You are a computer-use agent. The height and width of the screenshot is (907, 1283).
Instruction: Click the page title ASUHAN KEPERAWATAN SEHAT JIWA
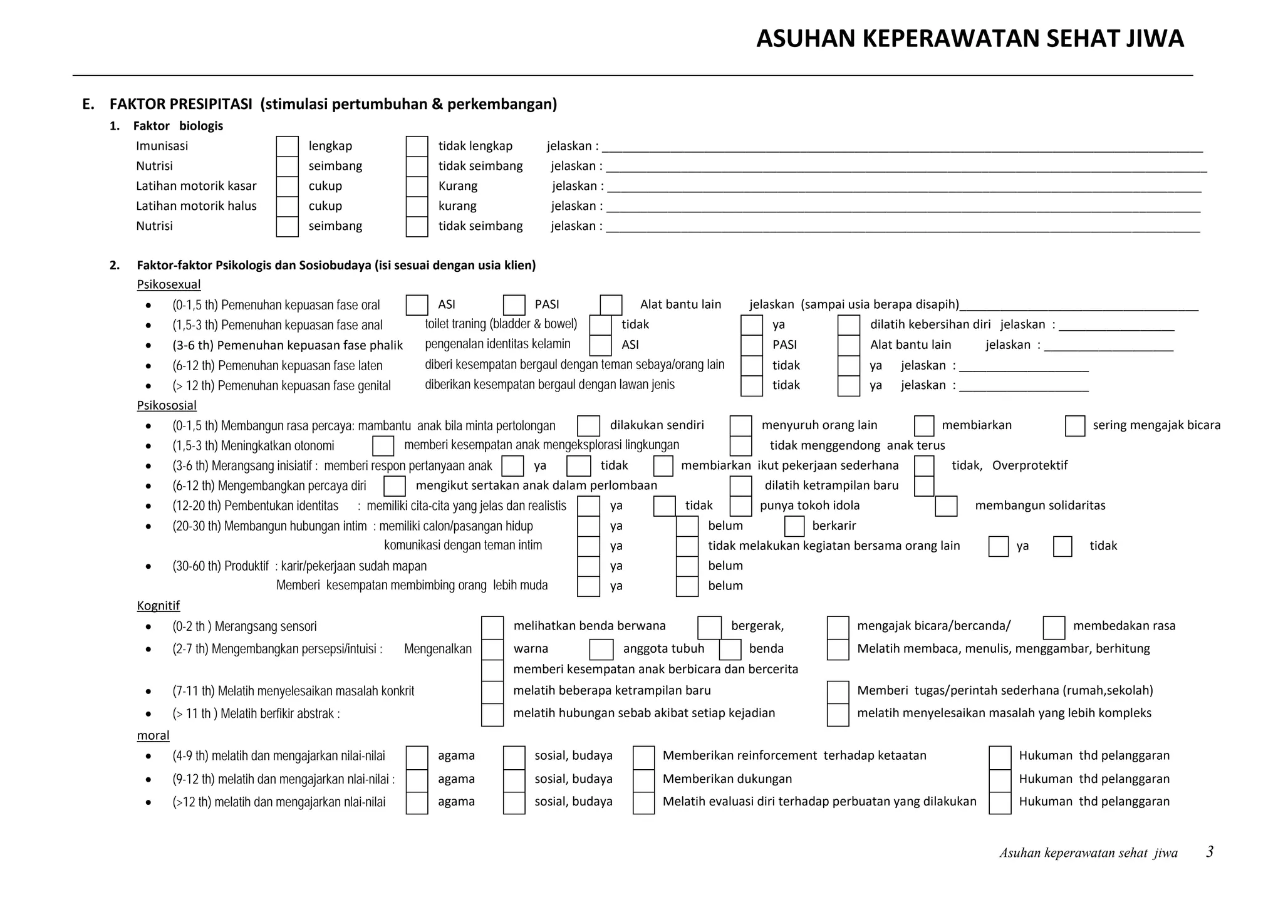pyautogui.click(x=970, y=39)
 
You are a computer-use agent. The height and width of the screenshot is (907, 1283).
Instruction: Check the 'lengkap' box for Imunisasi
pyautogui.click(x=287, y=147)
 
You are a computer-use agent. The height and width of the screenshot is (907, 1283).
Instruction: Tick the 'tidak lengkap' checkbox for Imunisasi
pyautogui.click(x=417, y=147)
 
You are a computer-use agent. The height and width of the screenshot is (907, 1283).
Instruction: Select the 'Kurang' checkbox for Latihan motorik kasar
pyautogui.click(x=417, y=187)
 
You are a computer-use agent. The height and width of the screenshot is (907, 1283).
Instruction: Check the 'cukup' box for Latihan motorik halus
pyautogui.click(x=287, y=207)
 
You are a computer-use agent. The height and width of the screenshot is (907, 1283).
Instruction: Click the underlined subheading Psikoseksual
pyautogui.click(x=169, y=284)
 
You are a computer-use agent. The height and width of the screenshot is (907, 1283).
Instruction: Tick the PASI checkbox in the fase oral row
pyautogui.click(x=514, y=305)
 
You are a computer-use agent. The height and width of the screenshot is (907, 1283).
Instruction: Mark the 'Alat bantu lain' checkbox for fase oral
pyautogui.click(x=611, y=305)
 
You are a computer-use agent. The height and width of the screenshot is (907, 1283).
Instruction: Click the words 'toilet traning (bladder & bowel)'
pyautogui.click(x=501, y=324)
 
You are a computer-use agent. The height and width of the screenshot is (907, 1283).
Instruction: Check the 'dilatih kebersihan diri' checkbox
pyautogui.click(x=848, y=325)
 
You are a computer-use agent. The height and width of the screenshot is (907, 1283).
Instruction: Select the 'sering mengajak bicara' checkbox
pyautogui.click(x=1075, y=426)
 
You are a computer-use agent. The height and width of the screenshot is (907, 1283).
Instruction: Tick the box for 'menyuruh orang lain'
pyautogui.click(x=740, y=426)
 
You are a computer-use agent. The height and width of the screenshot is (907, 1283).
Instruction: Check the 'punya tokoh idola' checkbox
pyautogui.click(x=740, y=506)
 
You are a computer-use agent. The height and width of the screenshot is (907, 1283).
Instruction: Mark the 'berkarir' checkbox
pyautogui.click(x=794, y=526)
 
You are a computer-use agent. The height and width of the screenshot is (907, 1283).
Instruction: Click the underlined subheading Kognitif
pyautogui.click(x=158, y=606)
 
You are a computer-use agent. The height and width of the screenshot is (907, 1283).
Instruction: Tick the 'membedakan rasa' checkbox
pyautogui.click(x=1054, y=627)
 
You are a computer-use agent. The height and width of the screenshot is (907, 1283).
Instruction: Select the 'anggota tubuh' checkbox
pyautogui.click(x=601, y=650)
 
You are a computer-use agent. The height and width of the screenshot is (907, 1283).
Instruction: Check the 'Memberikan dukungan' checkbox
pyautogui.click(x=643, y=780)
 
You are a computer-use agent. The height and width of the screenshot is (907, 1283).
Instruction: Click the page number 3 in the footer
pyautogui.click(x=1210, y=852)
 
